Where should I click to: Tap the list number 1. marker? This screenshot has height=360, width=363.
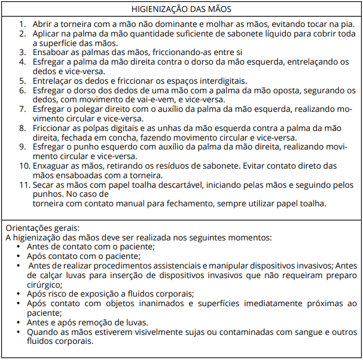[22, 24]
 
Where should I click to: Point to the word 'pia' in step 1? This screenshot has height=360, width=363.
[346, 24]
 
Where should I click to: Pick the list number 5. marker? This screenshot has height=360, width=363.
[22, 81]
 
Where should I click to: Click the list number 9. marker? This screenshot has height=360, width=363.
[22, 147]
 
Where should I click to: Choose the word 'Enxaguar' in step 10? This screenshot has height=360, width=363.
[52, 166]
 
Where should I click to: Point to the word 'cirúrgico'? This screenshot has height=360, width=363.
[47, 285]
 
